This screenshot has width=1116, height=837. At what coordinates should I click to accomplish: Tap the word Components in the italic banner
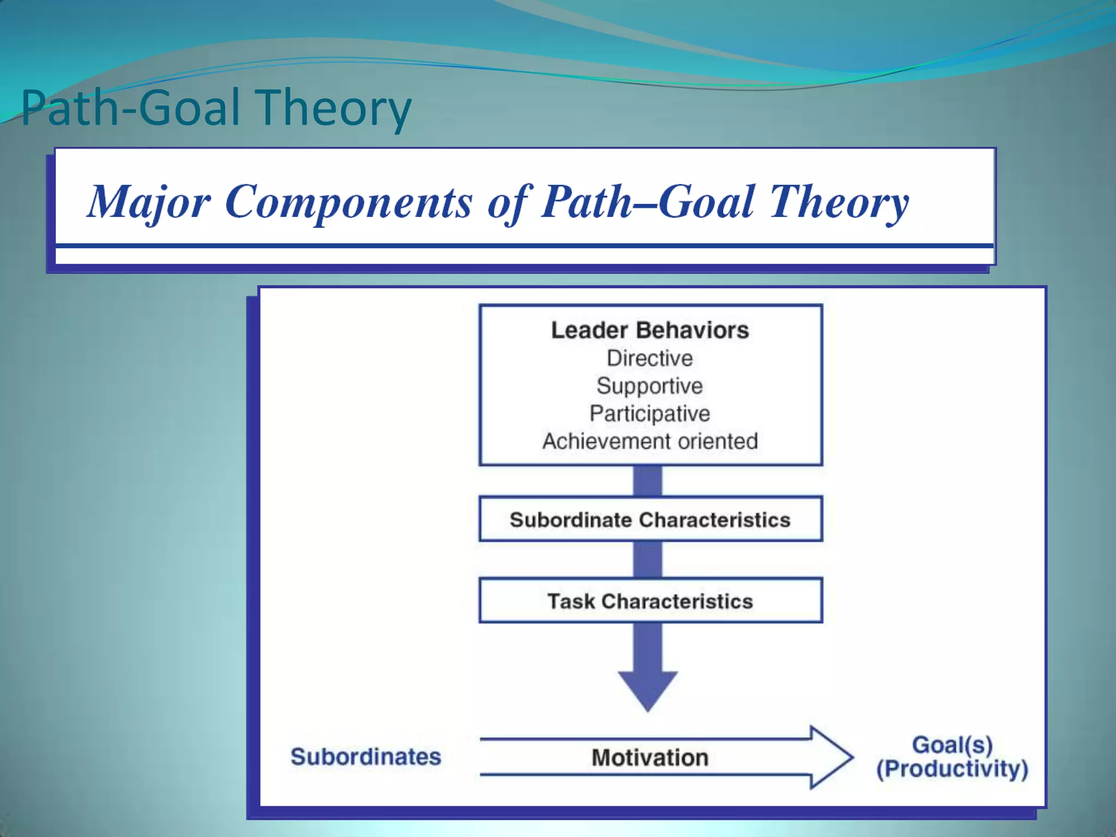pos(349,202)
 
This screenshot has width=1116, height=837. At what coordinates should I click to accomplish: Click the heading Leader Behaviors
pos(650,330)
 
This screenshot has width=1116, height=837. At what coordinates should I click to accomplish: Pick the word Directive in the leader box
pos(650,359)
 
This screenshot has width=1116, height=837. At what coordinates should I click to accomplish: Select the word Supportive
pos(650,386)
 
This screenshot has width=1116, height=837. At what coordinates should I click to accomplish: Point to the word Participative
pos(650,414)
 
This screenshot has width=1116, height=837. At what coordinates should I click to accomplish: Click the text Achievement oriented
pos(650,441)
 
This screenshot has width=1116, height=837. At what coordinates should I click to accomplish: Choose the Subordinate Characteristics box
pos(650,519)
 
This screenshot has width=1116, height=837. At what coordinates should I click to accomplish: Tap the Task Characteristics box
pos(650,601)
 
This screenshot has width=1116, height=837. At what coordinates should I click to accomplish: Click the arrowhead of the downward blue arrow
pos(648,689)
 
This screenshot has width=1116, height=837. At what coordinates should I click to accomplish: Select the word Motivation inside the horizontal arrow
pos(650,757)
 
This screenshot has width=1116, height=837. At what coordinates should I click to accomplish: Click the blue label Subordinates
pos(366,756)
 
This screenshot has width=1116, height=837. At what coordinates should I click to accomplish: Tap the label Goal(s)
pos(952,744)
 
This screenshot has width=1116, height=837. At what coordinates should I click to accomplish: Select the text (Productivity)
pos(952,769)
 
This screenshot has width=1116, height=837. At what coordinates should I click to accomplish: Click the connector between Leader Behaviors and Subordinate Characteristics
pos(648,481)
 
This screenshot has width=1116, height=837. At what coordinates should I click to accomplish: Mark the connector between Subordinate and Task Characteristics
pos(648,560)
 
